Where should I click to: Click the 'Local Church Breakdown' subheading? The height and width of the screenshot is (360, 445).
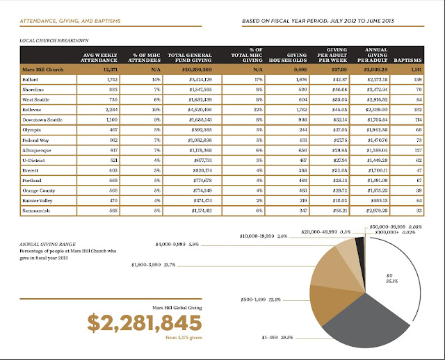[x=47, y=40]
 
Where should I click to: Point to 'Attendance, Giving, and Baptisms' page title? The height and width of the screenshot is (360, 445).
[x=70, y=21]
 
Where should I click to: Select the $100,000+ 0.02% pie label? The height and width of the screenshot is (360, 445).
[x=403, y=231]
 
